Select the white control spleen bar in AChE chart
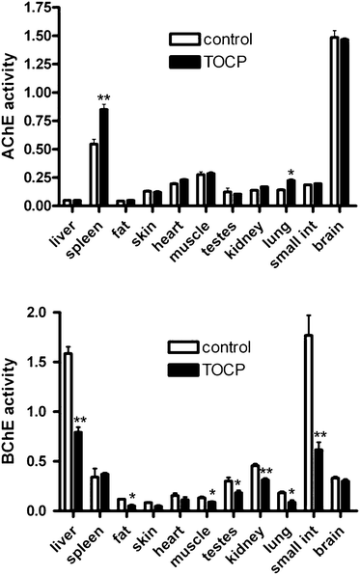point(94,174)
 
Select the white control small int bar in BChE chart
point(308,434)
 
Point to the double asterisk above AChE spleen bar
point(102,98)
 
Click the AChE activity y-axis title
point(10,112)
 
